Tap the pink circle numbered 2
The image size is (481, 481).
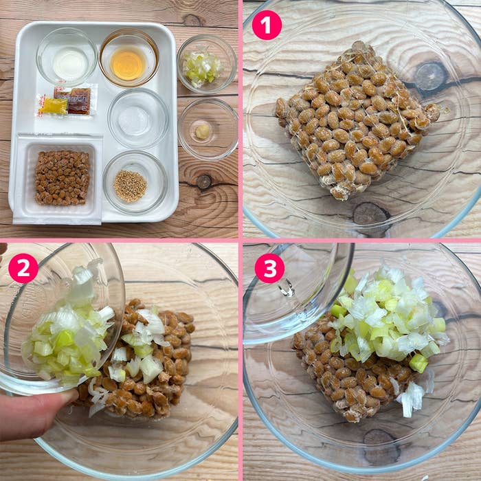23,268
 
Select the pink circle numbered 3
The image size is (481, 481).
269,268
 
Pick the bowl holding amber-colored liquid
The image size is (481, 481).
128,63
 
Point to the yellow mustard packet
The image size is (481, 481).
53,105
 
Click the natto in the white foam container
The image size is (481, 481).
62,177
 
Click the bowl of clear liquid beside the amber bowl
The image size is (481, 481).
67,60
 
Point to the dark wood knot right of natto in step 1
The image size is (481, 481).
432,76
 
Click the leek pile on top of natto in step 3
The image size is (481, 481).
385,316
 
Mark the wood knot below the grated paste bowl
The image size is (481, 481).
204,181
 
